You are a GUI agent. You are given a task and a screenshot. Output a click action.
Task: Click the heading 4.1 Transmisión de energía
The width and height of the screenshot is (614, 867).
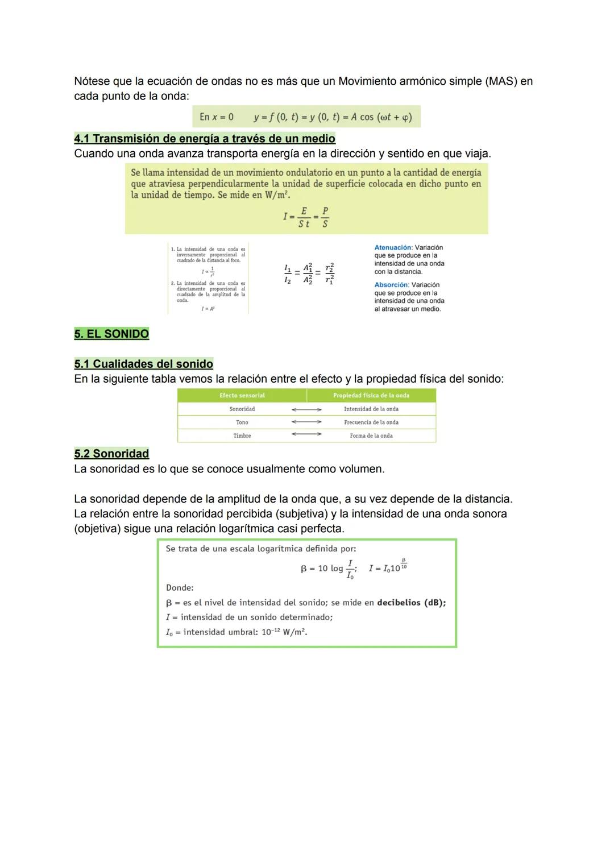click(205, 139)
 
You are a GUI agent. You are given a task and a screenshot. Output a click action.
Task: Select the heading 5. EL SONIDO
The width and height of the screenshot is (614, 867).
click(111, 334)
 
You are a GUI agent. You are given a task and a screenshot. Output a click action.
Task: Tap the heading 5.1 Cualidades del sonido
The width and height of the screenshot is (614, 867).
click(143, 364)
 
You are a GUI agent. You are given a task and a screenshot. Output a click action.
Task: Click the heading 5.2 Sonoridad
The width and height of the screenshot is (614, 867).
click(111, 454)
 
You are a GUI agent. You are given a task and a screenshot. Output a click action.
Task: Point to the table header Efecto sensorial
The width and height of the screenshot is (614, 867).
click(242, 396)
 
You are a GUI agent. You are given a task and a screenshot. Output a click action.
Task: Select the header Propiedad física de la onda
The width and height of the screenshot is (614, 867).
click(371, 396)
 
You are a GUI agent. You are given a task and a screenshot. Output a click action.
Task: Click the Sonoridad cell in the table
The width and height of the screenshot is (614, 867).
click(242, 409)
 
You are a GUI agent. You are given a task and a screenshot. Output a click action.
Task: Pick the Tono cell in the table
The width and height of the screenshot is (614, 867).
click(242, 422)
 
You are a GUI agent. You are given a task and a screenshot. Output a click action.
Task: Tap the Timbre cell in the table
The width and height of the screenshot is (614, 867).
click(242, 436)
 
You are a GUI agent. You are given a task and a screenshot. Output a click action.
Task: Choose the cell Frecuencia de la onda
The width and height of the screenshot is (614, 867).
click(371, 422)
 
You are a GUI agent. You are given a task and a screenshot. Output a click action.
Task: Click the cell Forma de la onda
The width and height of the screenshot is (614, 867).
click(371, 436)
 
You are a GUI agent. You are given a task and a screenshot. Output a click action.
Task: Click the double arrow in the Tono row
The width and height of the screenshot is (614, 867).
click(306, 422)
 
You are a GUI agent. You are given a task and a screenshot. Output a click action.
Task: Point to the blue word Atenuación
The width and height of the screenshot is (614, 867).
click(392, 248)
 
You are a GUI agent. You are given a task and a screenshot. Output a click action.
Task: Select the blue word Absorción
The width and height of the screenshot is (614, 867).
click(391, 285)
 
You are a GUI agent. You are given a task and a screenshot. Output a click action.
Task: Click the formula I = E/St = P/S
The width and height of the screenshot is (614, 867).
click(306, 217)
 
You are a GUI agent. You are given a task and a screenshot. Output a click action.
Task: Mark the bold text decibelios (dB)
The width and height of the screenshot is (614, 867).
click(411, 603)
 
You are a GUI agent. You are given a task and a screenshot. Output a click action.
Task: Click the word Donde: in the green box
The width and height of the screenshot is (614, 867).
click(180, 588)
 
